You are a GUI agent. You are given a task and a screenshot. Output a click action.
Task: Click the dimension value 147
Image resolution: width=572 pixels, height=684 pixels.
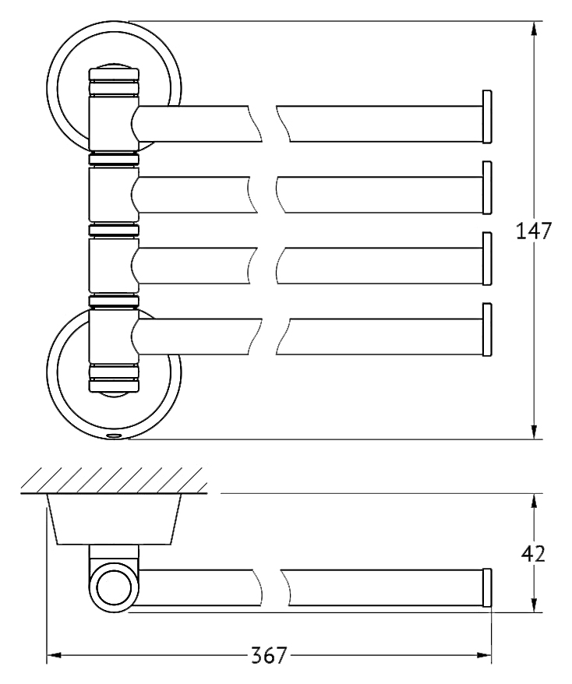[534, 231]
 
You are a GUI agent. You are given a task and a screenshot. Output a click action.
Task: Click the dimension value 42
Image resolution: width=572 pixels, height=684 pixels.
[533, 554]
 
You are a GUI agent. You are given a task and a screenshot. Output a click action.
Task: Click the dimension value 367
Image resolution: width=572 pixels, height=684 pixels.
[269, 655]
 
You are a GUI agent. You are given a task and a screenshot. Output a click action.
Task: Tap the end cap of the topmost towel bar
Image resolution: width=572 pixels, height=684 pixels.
[487, 117]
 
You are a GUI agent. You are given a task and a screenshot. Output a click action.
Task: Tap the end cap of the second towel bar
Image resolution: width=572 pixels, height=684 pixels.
[487, 188]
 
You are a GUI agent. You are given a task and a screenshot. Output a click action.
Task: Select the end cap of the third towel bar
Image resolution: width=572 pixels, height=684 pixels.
[487, 259]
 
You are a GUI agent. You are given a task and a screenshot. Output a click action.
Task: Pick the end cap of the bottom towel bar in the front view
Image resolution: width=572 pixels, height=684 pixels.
[487, 330]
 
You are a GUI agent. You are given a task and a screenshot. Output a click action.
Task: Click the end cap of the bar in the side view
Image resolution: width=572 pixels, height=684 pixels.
[487, 587]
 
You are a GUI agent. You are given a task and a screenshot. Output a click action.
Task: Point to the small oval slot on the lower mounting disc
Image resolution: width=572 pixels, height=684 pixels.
[115, 435]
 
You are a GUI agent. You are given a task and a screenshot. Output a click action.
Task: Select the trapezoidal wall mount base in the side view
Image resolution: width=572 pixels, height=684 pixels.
[114, 519]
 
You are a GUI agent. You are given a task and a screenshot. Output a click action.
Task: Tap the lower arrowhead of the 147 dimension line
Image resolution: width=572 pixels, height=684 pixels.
[533, 431]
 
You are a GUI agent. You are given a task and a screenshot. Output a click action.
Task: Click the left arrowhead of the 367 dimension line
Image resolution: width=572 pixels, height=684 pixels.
[54, 654]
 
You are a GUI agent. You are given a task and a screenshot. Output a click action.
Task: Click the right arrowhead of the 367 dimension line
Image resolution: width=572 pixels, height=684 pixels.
[483, 654]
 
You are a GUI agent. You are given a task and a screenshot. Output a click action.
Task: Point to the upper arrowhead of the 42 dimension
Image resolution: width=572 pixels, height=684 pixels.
[533, 502]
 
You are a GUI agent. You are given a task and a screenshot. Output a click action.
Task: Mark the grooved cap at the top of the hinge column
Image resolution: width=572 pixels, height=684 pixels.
[114, 82]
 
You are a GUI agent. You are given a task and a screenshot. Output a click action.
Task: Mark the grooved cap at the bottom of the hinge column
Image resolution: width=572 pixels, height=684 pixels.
[114, 378]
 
